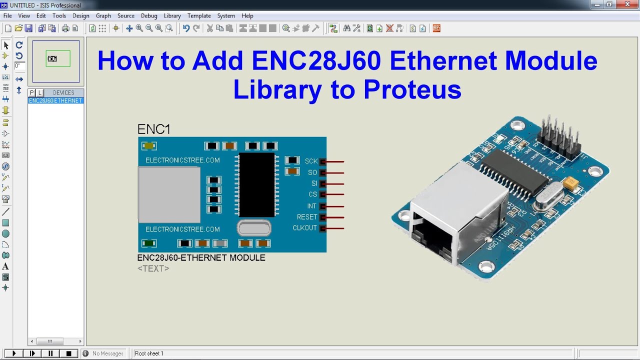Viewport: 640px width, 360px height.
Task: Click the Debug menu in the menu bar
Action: [x=149, y=15]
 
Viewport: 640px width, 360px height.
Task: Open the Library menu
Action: [x=172, y=15]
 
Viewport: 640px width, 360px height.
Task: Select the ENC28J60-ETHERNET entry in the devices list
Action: [x=55, y=100]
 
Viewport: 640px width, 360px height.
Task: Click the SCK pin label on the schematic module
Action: [x=311, y=161]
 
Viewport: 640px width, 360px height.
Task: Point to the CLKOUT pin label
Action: [x=304, y=228]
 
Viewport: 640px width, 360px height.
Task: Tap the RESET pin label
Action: [x=306, y=217]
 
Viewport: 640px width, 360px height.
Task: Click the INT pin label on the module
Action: [x=311, y=206]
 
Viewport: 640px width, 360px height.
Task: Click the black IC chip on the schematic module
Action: [x=257, y=184]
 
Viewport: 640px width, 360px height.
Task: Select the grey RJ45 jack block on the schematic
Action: [x=169, y=194]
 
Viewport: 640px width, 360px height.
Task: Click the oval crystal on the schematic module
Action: [x=254, y=228]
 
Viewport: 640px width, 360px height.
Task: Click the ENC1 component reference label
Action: [x=153, y=129]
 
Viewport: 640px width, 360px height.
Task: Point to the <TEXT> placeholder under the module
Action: [x=153, y=268]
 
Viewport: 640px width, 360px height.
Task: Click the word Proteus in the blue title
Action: [x=412, y=90]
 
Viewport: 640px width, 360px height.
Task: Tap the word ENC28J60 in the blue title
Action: [x=316, y=61]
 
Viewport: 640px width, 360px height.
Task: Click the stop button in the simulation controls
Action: [x=69, y=353]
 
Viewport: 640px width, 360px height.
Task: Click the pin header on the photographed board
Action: [x=559, y=137]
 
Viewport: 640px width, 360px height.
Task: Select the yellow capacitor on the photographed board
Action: [x=571, y=184]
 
